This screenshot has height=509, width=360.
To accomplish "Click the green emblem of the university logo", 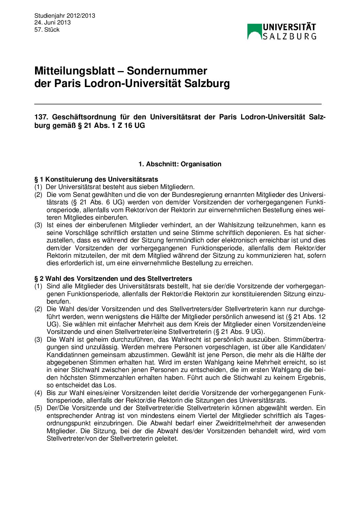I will pyautogui.click(x=254, y=31).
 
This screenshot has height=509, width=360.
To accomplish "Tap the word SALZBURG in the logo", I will pyautogui.click(x=290, y=36).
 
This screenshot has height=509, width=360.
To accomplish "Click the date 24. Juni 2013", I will pyautogui.click(x=52, y=22).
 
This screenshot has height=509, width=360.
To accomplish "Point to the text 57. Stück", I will pyautogui.click(x=47, y=30).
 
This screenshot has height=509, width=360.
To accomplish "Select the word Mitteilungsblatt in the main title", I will pyautogui.click(x=75, y=71).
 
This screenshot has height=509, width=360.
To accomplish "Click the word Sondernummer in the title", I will pyautogui.click(x=167, y=71).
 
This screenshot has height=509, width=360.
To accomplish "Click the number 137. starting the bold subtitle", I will pyautogui.click(x=41, y=117).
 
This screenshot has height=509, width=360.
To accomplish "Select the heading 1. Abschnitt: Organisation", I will pyautogui.click(x=180, y=164).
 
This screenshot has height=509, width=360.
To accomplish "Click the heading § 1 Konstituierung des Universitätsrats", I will pyautogui.click(x=96, y=179).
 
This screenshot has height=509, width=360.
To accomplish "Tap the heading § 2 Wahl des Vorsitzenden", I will pyautogui.click(x=113, y=278).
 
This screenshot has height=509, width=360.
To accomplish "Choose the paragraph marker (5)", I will pyautogui.click(x=38, y=408).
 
